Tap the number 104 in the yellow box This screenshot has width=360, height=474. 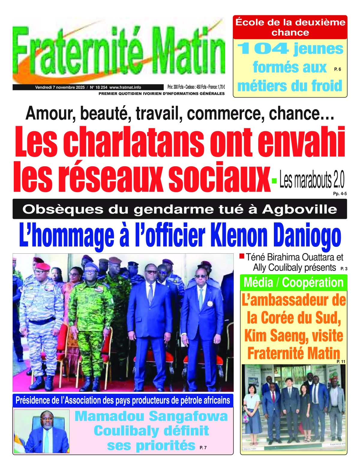[263, 49]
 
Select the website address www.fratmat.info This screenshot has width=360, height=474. [125, 87]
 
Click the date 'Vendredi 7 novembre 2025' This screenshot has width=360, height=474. [60, 87]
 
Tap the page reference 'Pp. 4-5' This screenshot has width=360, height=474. [340, 194]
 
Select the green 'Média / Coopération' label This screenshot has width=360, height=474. [293, 282]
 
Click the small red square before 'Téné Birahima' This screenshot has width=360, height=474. [242, 256]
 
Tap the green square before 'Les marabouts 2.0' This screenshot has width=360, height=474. [274, 180]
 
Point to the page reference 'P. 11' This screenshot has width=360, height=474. [341, 362]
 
